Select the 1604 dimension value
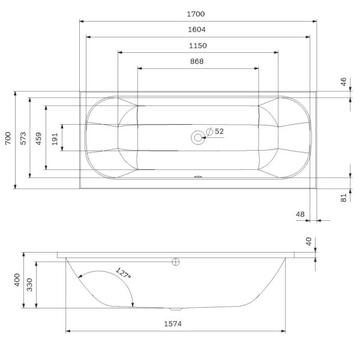(198, 30)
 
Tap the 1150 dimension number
(198, 46)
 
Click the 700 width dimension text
(7, 139)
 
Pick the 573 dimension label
(23, 139)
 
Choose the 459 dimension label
(39, 139)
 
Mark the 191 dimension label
(55, 139)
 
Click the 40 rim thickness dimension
(309, 242)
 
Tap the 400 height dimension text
(18, 281)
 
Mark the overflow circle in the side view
(176, 262)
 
